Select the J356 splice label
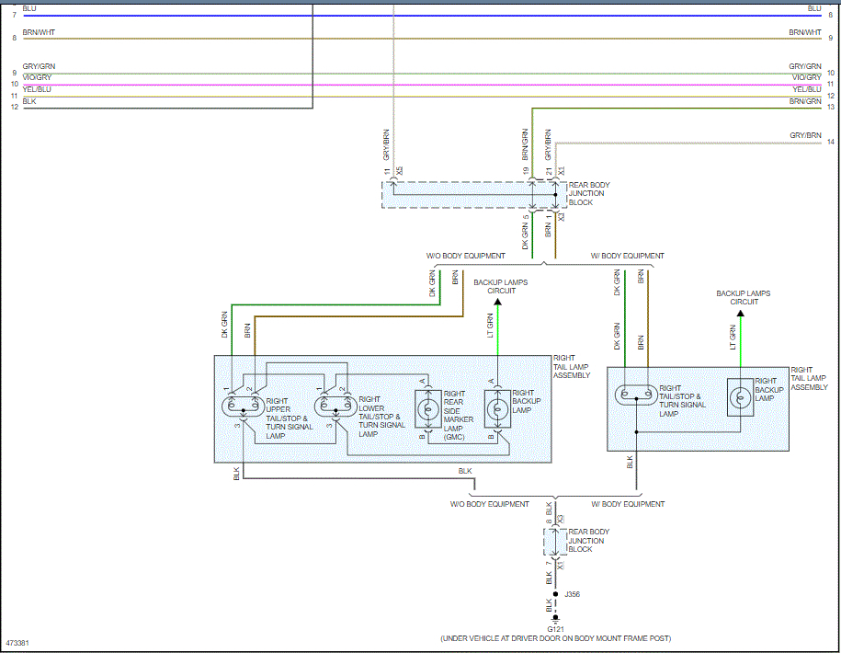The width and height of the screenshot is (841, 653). click(573, 594)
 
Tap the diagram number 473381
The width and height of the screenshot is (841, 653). click(17, 643)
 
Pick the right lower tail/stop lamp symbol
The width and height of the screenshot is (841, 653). click(333, 405)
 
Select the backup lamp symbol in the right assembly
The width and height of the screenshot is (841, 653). click(738, 396)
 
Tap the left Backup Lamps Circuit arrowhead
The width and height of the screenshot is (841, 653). click(497, 301)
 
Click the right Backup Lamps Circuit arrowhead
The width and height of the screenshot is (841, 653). click(740, 313)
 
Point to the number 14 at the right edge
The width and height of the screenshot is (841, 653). click(830, 143)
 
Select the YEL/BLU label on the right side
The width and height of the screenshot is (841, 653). click(806, 89)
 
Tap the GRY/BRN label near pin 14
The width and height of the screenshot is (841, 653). click(805, 135)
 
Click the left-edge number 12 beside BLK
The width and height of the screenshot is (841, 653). click(14, 108)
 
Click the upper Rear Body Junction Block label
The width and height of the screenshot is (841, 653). click(588, 194)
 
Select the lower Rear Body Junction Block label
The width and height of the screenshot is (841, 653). click(588, 541)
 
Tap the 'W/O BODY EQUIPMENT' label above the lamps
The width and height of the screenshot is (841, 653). click(465, 256)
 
